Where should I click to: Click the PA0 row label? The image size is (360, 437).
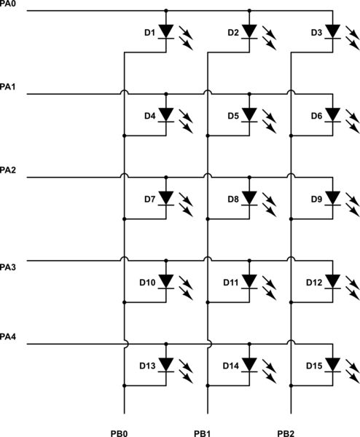coord(9,4)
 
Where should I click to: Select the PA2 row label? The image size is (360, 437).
coord(9,170)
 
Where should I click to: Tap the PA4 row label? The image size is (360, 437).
coord(9,336)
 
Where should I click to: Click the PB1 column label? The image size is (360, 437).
coord(203,433)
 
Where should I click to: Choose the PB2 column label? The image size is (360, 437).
coord(286,433)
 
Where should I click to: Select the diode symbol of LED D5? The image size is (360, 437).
coord(250,115)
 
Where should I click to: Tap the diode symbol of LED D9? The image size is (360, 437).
coord(333,198)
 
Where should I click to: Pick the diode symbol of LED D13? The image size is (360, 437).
coord(166,364)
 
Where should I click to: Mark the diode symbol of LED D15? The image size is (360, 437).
coord(333,364)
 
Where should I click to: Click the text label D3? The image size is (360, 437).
coord(316,33)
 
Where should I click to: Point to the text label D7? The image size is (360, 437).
coord(149,199)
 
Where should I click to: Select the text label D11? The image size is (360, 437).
coord(230,282)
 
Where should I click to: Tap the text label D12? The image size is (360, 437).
coord(313,282)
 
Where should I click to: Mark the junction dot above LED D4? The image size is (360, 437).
coord(166,94)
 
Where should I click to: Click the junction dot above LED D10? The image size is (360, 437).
coord(166,260)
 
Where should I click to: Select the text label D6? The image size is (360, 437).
coord(316,116)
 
